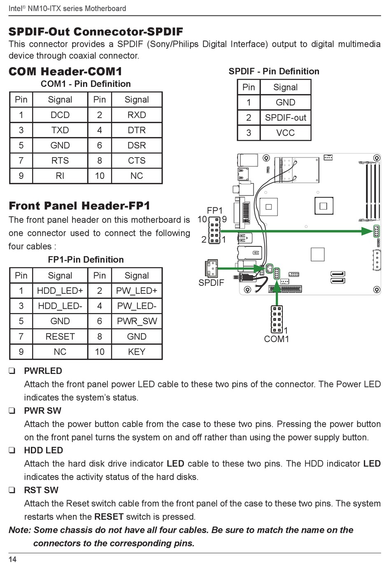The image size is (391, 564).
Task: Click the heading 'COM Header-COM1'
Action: coord(65,72)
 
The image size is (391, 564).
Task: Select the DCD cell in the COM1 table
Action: coord(60,115)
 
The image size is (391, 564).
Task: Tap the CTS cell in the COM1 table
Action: coord(137,161)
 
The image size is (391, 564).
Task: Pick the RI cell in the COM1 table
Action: coord(60,176)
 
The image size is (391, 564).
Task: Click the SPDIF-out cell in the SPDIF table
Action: coord(285,118)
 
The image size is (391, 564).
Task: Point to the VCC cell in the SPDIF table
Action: coord(285,133)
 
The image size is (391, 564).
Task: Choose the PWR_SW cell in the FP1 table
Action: coord(137,321)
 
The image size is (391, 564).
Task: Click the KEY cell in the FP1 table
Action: coord(137,352)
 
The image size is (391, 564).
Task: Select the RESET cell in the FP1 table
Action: coord(60,337)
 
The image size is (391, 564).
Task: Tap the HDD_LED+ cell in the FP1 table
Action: coord(60,291)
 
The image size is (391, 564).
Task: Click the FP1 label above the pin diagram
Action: coord(214,211)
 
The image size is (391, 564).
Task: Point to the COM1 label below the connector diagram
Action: coord(277,339)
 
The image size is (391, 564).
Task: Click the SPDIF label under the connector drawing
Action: coord(211,283)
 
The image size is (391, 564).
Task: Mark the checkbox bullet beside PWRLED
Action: coord(12,371)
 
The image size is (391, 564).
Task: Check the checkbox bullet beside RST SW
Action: coord(12,490)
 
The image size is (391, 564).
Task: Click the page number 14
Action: coord(13,559)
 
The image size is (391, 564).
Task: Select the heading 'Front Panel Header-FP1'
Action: coord(79,206)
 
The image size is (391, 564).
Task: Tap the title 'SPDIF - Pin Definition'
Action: coord(274,72)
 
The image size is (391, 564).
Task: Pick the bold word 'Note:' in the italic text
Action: coord(20,530)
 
